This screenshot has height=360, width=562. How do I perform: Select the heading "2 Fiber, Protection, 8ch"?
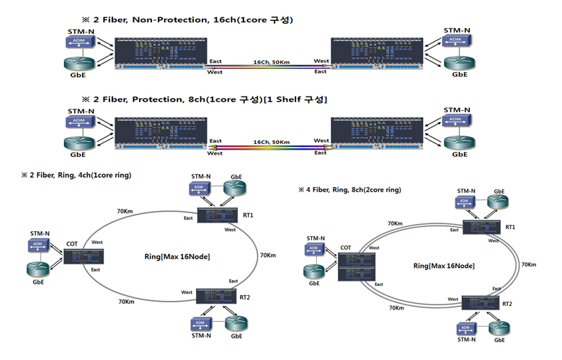click(x=205, y=98)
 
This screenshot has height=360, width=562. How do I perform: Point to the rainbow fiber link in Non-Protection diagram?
click(x=268, y=67)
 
